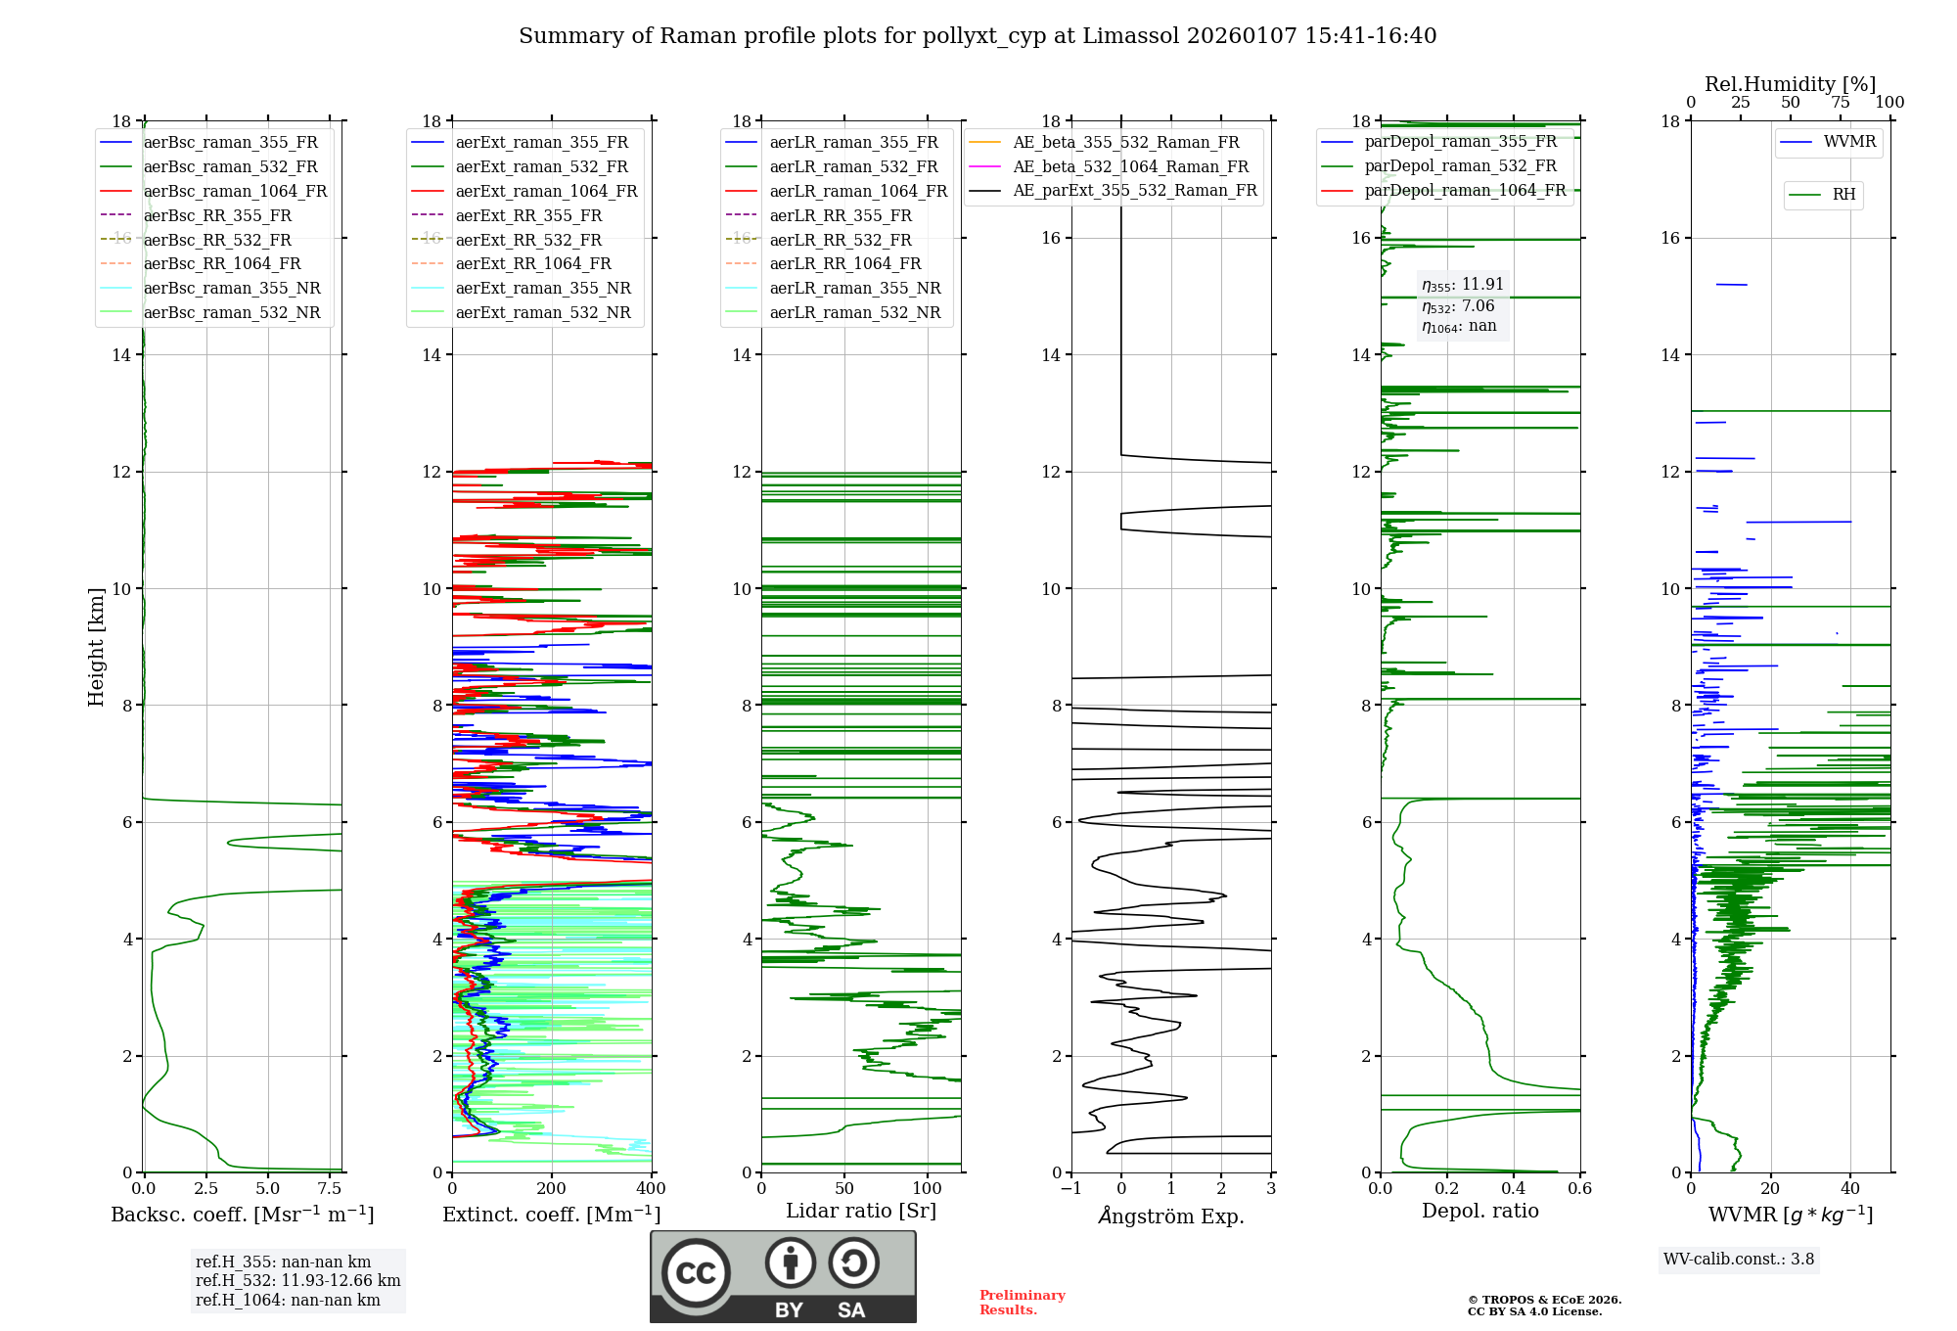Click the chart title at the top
978,36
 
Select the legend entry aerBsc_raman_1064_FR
235,191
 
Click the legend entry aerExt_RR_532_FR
528,240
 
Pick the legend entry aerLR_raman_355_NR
854,288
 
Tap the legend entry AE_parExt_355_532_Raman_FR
1134,190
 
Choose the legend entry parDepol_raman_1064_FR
1465,190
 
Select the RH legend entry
1843,195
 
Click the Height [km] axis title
96,646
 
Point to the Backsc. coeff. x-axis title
242,1215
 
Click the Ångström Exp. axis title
1171,1216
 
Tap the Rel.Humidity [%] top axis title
1790,84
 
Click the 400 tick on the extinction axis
651,1189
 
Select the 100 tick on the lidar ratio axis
927,1189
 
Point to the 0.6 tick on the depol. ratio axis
1579,1189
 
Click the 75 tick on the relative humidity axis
1841,103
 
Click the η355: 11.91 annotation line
1462,285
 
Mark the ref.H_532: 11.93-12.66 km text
297,1280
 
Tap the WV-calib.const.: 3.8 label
1738,1260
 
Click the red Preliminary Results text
1022,1303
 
